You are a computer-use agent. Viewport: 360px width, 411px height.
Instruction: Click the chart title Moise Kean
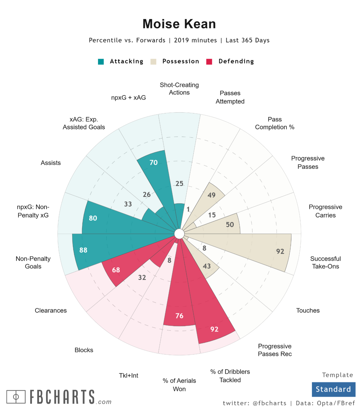(179, 24)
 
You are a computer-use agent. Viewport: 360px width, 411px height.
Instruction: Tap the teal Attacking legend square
(101, 62)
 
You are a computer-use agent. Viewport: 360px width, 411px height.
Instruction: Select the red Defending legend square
(209, 62)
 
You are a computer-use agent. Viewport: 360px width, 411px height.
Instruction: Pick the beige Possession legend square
(153, 62)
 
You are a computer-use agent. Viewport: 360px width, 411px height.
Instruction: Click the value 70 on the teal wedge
(153, 163)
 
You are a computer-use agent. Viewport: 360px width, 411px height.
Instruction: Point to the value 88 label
(83, 250)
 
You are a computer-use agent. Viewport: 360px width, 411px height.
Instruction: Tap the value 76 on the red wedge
(179, 316)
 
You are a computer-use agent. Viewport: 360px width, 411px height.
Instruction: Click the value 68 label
(116, 270)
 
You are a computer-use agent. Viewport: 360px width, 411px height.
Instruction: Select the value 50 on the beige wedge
(230, 225)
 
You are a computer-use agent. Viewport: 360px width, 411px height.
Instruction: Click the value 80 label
(93, 218)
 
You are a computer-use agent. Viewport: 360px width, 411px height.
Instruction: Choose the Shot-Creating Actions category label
(179, 89)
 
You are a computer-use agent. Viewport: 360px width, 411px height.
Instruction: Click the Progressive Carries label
(325, 211)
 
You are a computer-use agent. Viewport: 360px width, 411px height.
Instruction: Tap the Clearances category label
(51, 311)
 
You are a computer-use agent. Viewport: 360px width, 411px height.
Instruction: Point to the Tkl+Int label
(128, 376)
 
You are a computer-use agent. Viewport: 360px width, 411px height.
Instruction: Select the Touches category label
(308, 311)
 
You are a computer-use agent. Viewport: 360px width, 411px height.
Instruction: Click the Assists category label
(51, 163)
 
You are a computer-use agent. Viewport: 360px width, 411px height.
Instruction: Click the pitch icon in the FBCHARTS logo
(16, 397)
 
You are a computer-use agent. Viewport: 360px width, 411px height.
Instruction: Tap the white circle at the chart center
(179, 234)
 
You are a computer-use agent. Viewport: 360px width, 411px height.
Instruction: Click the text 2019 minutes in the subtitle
(195, 40)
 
